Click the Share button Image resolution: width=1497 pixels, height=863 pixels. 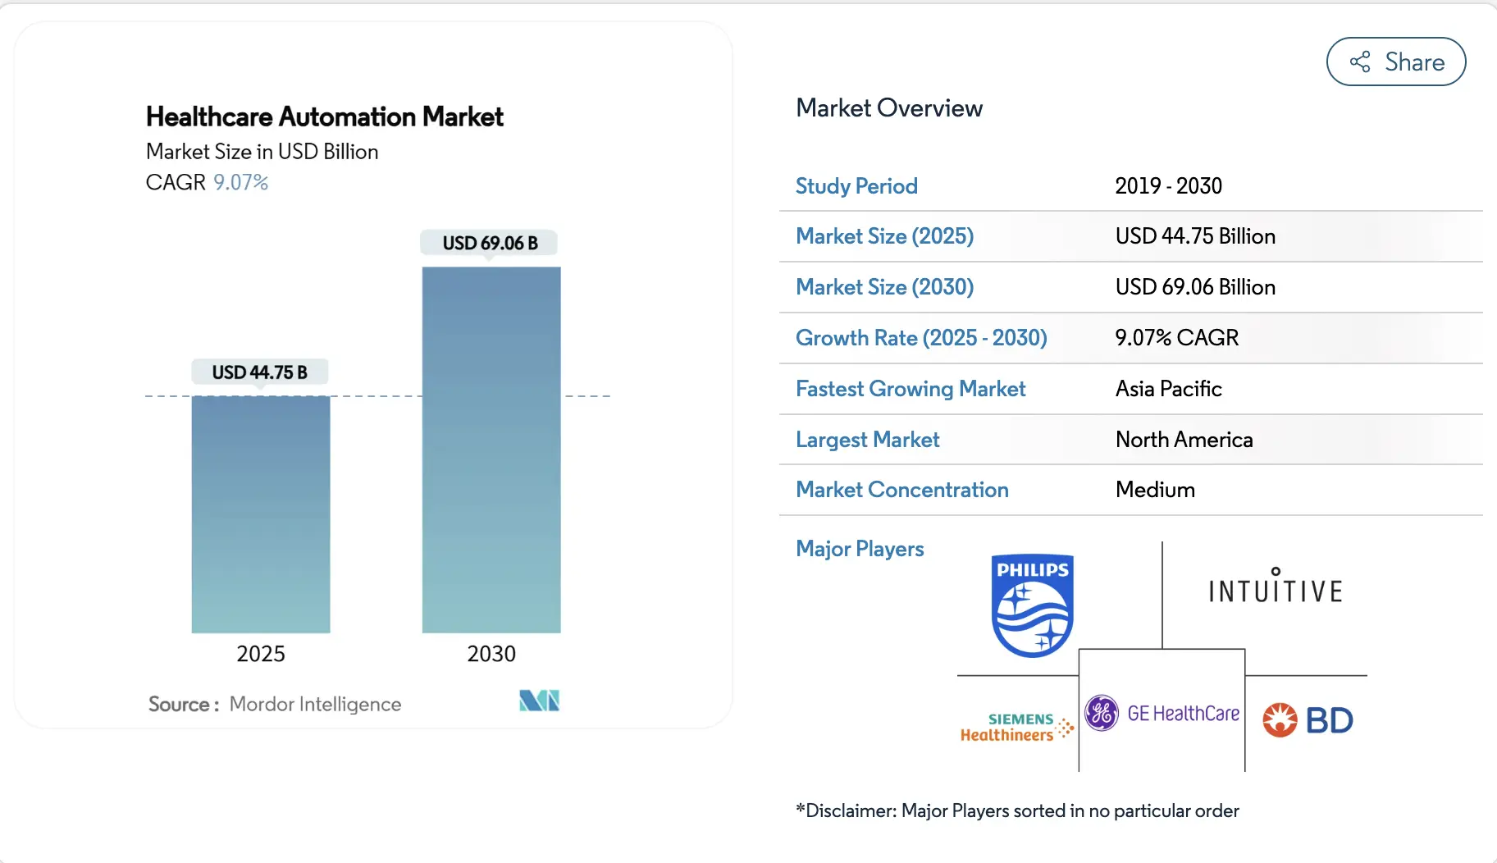point(1395,62)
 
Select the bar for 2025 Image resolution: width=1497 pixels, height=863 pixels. point(261,514)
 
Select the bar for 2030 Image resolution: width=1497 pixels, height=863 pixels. point(491,450)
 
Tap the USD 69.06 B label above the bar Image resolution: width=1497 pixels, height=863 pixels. point(490,243)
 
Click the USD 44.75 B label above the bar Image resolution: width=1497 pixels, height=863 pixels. point(259,372)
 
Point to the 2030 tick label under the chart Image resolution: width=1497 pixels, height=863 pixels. point(491,654)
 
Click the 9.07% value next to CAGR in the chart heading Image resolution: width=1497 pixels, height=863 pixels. point(240,182)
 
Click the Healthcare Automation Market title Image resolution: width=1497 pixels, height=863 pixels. point(324,117)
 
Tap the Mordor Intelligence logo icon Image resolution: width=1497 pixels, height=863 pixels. point(539,701)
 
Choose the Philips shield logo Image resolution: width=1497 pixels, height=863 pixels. point(1032,605)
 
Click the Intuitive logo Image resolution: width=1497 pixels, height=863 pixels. point(1275,588)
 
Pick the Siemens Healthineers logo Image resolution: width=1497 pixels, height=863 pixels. point(1016,727)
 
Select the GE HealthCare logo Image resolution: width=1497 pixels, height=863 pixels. point(1162,714)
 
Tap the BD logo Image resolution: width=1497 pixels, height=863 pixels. point(1308,720)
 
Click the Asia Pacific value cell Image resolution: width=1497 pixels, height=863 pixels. point(1168,389)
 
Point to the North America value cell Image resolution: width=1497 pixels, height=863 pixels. point(1184,440)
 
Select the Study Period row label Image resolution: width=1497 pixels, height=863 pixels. point(856,186)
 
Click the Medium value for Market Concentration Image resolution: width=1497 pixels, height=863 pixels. point(1155,490)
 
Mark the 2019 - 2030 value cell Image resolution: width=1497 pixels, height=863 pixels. point(1168,186)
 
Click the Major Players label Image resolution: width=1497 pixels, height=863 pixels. point(860,549)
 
